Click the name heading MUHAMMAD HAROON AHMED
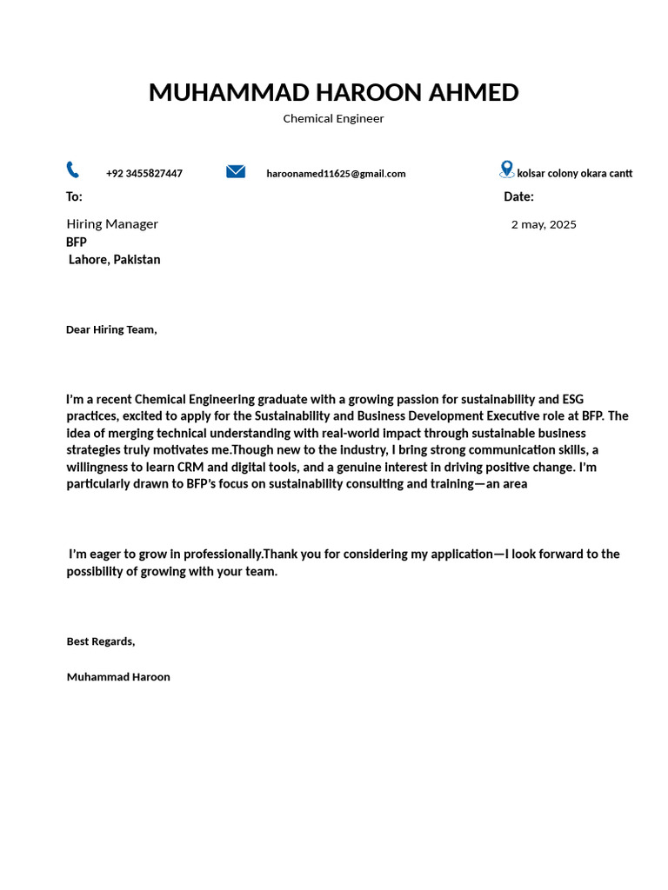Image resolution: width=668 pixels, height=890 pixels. (333, 92)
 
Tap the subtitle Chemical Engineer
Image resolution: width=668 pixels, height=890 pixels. (333, 119)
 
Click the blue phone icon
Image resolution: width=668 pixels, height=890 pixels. (72, 169)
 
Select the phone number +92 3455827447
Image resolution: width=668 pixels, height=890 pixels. (144, 174)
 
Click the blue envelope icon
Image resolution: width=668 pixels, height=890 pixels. (236, 171)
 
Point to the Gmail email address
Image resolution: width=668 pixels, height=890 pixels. (336, 174)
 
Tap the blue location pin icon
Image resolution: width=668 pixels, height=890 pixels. (507, 169)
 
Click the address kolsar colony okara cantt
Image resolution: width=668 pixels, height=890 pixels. (575, 174)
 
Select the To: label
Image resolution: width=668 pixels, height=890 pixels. (74, 197)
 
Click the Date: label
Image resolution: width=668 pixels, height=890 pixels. (518, 197)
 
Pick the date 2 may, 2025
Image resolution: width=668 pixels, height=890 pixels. (544, 225)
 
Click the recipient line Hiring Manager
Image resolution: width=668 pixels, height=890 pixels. (112, 224)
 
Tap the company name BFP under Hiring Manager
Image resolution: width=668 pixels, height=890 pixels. (77, 242)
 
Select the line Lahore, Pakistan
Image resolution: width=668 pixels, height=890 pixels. (115, 260)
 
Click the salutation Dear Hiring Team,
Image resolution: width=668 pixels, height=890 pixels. (111, 330)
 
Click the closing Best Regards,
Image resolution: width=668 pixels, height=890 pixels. (101, 641)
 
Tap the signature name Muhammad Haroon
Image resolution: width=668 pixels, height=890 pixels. (118, 677)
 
